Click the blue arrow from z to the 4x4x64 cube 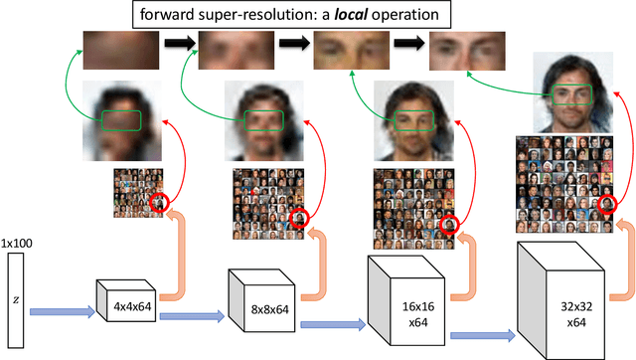click(62, 312)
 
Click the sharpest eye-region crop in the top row click(463, 49)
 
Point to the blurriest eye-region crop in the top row click(111, 49)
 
